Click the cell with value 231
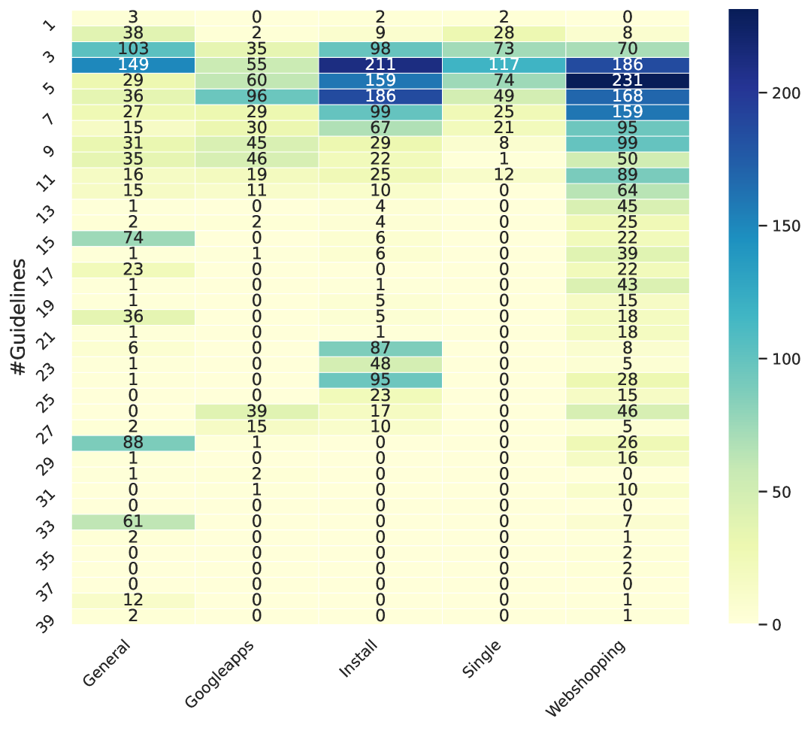pos(627,80)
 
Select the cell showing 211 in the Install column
pos(380,65)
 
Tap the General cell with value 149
pos(133,65)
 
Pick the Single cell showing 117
pos(504,65)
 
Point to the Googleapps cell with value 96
pos(256,96)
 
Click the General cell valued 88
pos(133,443)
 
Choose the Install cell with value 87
pos(380,348)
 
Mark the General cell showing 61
pos(133,521)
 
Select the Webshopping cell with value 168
pos(627,96)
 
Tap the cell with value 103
pos(133,49)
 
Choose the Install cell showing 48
pos(380,364)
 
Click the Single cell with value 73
pos(504,49)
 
